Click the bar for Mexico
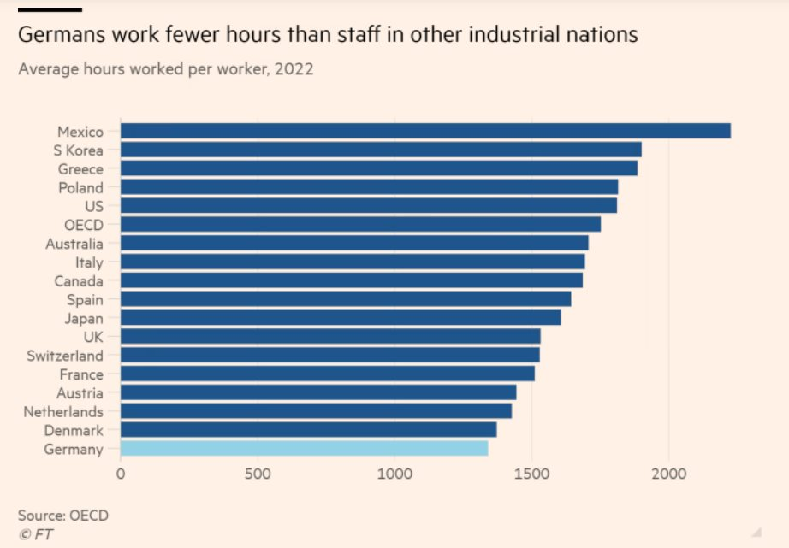pyautogui.click(x=425, y=131)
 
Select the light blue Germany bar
pyautogui.click(x=304, y=449)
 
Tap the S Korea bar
pyautogui.click(x=381, y=150)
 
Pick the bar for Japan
pyautogui.click(x=341, y=318)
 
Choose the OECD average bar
pyautogui.click(x=360, y=224)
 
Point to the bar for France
pyautogui.click(x=327, y=374)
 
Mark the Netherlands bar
pyautogui.click(x=316, y=411)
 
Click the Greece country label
pyautogui.click(x=80, y=168)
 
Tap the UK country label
pyautogui.click(x=92, y=337)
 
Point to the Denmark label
pyautogui.click(x=74, y=430)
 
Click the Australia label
pyautogui.click(x=74, y=244)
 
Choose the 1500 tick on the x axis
pyautogui.click(x=532, y=473)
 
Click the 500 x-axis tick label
pyautogui.click(x=258, y=473)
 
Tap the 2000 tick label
pyautogui.click(x=669, y=473)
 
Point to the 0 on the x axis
pyautogui.click(x=121, y=473)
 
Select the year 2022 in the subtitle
pyautogui.click(x=294, y=69)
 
